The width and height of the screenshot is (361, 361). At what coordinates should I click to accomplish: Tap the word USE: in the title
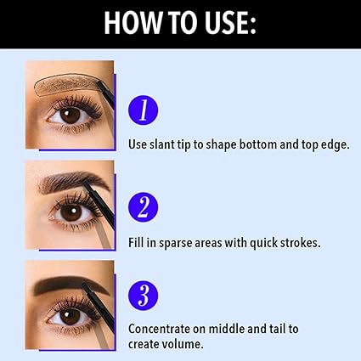[225, 23]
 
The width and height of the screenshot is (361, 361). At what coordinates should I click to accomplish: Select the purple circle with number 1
[144, 110]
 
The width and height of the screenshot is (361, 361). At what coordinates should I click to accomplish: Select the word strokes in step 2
[293, 243]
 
